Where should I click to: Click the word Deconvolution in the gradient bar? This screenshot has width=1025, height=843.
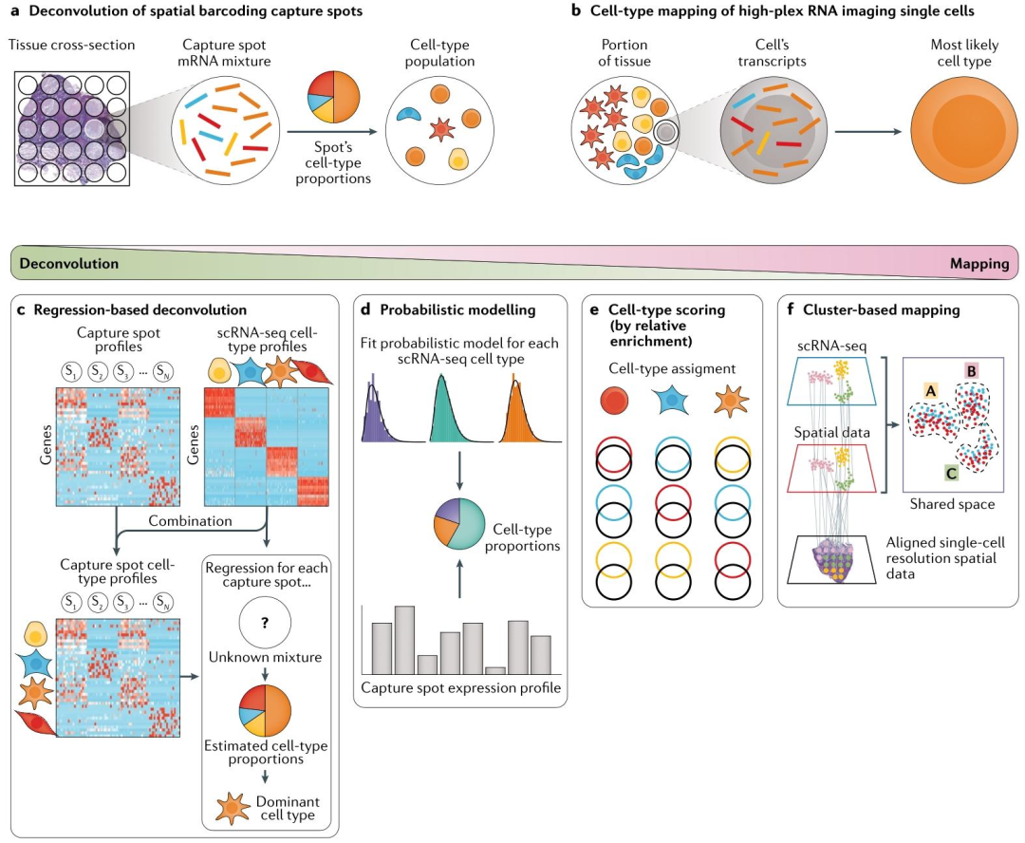(68, 264)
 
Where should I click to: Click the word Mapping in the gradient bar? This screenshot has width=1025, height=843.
(979, 264)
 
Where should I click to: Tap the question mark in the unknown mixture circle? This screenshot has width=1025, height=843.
(265, 623)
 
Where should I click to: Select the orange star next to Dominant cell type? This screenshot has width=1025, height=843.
(233, 808)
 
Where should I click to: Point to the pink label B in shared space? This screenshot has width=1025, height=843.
(972, 371)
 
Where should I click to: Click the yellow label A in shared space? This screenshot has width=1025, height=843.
(931, 391)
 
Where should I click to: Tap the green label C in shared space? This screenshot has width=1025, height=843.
(951, 473)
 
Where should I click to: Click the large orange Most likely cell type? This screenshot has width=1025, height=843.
(963, 131)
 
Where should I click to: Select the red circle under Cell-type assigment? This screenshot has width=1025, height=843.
(614, 401)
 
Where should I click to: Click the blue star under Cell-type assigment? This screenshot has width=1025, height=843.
(671, 401)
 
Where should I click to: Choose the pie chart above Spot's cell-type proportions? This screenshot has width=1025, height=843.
(333, 97)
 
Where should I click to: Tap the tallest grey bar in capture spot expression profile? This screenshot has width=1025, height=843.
(404, 640)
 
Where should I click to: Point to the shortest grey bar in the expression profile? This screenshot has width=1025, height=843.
(495, 670)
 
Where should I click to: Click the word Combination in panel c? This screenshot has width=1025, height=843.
(190, 521)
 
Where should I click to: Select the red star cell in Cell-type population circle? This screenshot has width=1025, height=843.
(442, 129)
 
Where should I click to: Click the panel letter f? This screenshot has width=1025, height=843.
(791, 309)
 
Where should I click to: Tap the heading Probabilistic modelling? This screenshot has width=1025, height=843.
(457, 310)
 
